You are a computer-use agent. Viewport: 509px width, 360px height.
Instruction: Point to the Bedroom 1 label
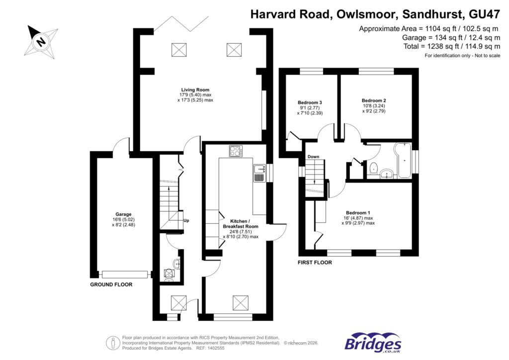(357, 212)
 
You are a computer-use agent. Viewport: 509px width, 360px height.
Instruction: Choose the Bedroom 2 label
(374, 100)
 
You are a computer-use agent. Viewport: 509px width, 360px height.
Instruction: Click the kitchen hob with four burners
(236, 151)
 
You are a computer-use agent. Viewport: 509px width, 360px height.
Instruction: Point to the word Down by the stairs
(313, 157)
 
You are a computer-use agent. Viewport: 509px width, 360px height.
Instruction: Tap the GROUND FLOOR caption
(111, 285)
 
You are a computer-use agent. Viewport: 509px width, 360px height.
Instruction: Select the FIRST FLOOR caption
(315, 263)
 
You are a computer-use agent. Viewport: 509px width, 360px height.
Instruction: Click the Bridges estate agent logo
(373, 343)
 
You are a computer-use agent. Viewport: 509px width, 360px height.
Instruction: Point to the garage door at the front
(125, 274)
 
